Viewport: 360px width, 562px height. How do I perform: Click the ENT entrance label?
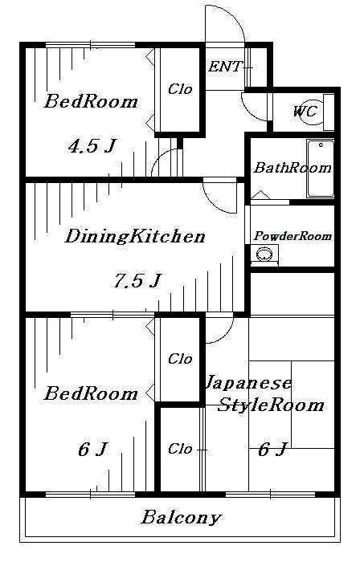[x=224, y=67]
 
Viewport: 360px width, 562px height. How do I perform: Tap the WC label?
[x=305, y=112]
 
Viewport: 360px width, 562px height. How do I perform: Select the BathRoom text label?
[x=292, y=169]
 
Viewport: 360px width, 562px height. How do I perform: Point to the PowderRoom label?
[x=292, y=236]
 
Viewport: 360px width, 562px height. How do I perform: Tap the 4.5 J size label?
[x=91, y=146]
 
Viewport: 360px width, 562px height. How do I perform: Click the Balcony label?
[x=181, y=518]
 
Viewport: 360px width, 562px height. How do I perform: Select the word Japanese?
[x=250, y=382]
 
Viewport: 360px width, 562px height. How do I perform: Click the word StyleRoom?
[x=271, y=405]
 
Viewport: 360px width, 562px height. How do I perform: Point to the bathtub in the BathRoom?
[x=320, y=169]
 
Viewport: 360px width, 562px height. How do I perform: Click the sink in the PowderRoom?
[x=262, y=255]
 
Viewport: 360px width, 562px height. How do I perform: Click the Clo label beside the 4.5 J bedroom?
[x=180, y=89]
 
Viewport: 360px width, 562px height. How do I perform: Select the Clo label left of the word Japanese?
[x=179, y=359]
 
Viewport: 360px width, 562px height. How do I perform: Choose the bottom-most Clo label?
[x=179, y=449]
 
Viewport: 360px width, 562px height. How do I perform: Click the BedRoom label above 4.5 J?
[x=90, y=102]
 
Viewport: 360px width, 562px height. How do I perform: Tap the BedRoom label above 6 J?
[x=90, y=394]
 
